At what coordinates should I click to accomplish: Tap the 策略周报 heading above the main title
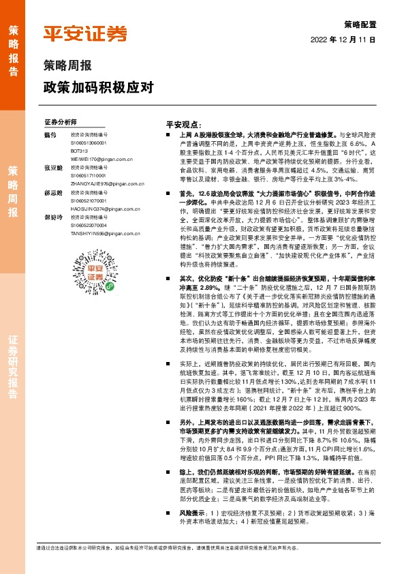68,67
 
